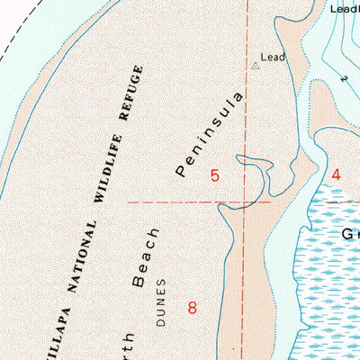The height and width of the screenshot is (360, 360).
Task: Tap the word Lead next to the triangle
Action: [x=273, y=58]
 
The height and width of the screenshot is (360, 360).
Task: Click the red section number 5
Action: [x=214, y=175]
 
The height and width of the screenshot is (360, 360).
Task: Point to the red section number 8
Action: [x=192, y=307]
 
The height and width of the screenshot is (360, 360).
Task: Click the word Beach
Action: [x=146, y=257]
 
